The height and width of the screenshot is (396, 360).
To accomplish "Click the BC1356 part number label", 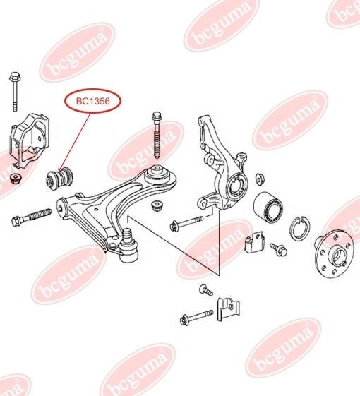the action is point(93,101).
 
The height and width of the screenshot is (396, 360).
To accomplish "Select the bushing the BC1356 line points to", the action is point(60,179).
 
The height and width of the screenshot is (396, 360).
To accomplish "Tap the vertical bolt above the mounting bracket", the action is point(15,92).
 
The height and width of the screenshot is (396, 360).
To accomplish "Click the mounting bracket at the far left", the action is point(30,140).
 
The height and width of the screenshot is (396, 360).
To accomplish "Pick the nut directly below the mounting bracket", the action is point(16,179).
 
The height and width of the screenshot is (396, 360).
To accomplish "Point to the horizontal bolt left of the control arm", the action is point(31,217).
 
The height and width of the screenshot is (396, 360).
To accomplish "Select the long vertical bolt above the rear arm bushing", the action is point(157,135).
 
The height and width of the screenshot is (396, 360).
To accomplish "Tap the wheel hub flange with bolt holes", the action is point(333,256).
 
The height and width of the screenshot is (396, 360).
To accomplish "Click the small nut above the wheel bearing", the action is point(260,179).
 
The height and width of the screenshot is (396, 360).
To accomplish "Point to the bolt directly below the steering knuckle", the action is point(186,222).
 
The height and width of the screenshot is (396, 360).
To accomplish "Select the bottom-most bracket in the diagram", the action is point(228,309).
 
